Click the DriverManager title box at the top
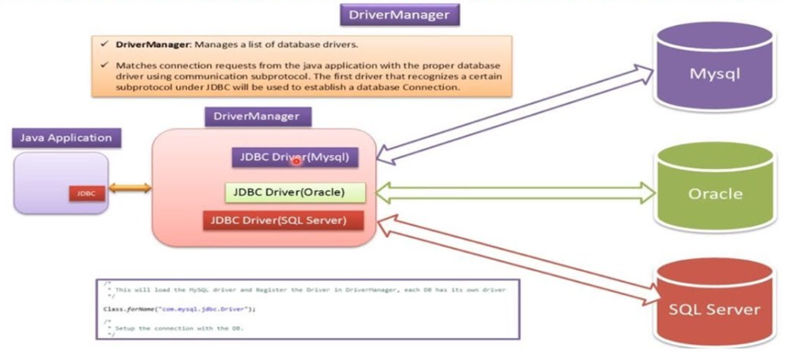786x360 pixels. tap(399, 14)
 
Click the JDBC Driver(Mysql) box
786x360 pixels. tap(294, 157)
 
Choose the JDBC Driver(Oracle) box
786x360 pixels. tap(295, 191)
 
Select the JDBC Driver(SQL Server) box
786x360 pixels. tap(283, 220)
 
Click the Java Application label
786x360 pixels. tap(66, 138)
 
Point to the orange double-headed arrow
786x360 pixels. tap(130, 188)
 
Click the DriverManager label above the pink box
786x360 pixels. tap(257, 116)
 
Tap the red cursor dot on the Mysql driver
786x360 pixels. tap(294, 161)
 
